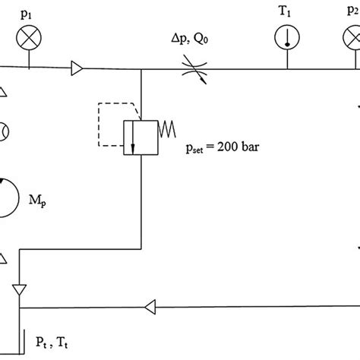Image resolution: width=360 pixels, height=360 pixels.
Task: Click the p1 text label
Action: click(x=29, y=15)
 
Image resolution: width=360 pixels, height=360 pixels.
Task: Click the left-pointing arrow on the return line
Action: click(x=150, y=308)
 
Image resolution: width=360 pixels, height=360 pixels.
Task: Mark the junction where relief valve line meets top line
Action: click(x=141, y=70)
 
